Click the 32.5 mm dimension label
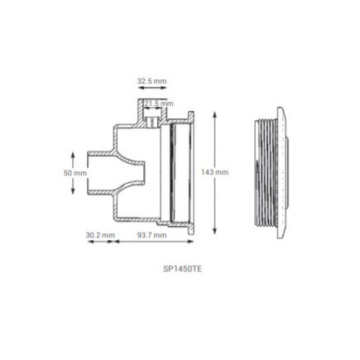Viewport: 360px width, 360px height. pyautogui.click(x=151, y=81)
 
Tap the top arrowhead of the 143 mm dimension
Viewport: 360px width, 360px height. pyautogui.click(x=216, y=113)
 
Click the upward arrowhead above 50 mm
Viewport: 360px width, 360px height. pyautogui.click(x=74, y=154)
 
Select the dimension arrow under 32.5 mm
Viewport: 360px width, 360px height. pyautogui.click(x=151, y=89)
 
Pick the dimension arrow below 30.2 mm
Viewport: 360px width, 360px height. pyautogui.click(x=100, y=242)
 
